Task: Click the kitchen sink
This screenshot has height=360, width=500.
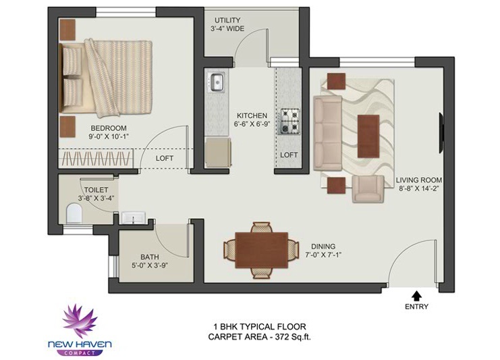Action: pos(215,82)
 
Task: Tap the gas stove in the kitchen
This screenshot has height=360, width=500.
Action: pos(290,121)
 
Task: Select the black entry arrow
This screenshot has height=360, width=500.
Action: pos(416,296)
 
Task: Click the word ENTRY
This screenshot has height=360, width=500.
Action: pos(416,307)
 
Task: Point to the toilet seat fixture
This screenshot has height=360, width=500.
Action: pos(74,213)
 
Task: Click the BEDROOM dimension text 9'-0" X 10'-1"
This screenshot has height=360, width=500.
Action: pos(109,136)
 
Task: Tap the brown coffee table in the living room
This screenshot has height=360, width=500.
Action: pos(368,136)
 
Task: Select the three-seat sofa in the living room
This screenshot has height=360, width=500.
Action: pos(328,133)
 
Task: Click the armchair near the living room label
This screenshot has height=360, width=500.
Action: pos(368,188)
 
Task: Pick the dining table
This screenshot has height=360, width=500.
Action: pos(262,250)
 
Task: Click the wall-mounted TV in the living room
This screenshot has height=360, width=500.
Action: pos(442,132)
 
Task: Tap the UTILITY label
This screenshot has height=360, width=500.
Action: pos(227,20)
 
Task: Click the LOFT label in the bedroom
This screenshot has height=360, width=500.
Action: pos(165,158)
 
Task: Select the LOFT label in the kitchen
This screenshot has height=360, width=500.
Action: pos(289,155)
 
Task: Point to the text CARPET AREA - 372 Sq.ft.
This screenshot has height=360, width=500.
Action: pos(259,337)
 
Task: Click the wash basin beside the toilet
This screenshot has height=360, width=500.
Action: pos(134,217)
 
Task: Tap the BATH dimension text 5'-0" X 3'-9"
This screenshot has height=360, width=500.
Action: pos(150,265)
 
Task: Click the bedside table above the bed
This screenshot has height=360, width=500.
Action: pos(67,29)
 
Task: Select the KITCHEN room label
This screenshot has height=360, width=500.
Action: pos(252,115)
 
